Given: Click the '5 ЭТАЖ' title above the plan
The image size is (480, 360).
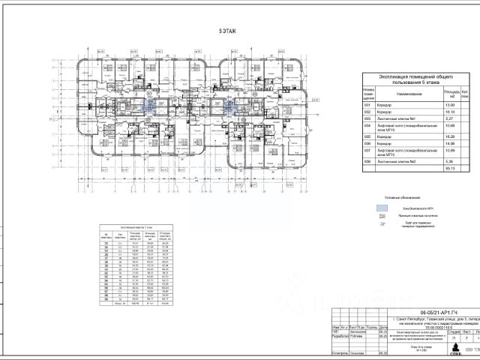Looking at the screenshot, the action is (225, 32).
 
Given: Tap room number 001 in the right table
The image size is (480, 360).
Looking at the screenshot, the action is (367, 106).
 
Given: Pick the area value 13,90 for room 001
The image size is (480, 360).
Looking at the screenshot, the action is (449, 106).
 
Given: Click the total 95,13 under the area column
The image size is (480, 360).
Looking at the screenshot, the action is (449, 169).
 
